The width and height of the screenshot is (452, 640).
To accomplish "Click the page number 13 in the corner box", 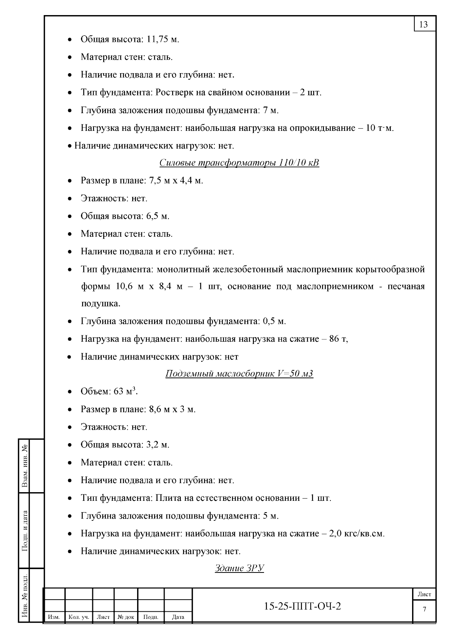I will pos(424,25).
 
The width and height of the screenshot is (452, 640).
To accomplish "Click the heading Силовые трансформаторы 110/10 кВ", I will pos(239,163).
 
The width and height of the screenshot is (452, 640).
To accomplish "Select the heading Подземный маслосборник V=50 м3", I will pos(239,374).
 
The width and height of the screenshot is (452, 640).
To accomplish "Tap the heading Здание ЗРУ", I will pos(239,568).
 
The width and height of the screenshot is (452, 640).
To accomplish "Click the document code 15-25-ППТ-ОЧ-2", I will pos(302,606).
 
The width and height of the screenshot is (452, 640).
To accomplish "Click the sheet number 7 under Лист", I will pos(425,609).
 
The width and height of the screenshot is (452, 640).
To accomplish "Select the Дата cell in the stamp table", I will pos(178,617).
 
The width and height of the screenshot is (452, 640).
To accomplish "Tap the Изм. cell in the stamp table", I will pos(54,617).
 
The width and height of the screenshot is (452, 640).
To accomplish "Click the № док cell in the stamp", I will pos(126,617).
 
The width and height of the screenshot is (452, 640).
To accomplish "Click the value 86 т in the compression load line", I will pos(338,339).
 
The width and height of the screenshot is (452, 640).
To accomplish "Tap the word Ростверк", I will pos(174,92).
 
